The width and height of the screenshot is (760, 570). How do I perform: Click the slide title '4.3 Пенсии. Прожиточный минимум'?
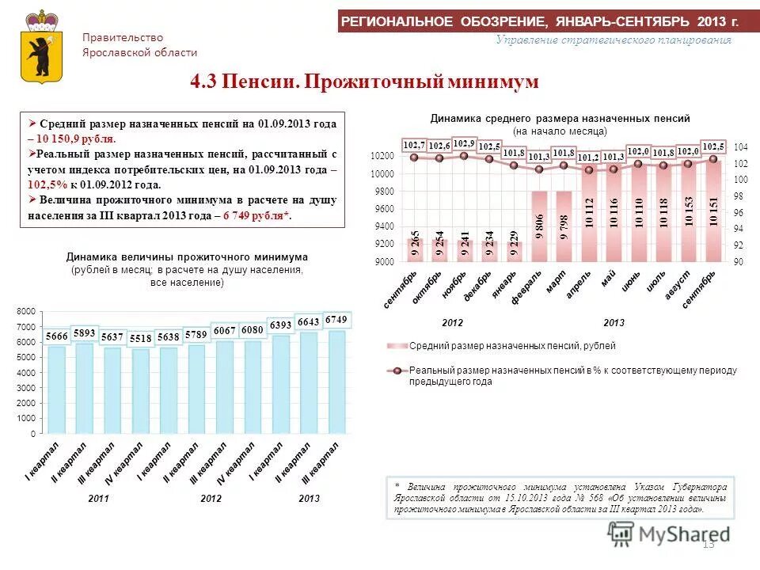365,82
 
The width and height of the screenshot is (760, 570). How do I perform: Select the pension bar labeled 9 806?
539,226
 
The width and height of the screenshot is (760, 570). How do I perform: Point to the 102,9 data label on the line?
464,142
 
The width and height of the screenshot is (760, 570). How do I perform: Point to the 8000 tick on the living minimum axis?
26,311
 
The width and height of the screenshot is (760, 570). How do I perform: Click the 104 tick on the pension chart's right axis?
740,148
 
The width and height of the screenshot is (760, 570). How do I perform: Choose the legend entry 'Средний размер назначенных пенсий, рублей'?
511,346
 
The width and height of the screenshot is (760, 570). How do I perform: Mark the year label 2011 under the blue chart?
98,498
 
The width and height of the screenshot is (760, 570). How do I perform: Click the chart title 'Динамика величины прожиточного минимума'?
187,257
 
